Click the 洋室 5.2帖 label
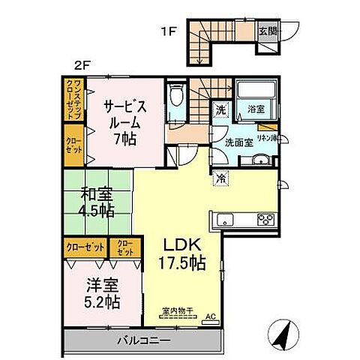[101, 293]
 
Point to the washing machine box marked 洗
[220, 109]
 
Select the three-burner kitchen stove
[266, 220]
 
